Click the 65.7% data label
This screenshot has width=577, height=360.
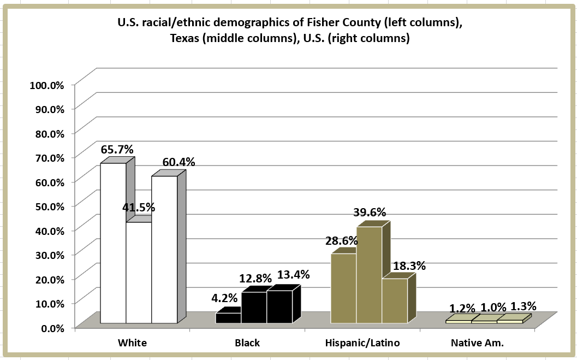pos(117,149)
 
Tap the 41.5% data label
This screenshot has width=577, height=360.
pos(138,208)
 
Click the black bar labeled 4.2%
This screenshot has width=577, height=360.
pos(228,318)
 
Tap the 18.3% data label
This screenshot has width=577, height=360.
pos(409,267)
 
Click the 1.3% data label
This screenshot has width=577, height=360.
pos(523,306)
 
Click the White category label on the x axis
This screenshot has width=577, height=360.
pos(132,343)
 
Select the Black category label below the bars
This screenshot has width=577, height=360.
pos(247,343)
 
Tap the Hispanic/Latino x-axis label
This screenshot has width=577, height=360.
pos(362,343)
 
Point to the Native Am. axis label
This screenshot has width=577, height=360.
pos(477,343)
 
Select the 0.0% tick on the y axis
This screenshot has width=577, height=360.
pos(53,327)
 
